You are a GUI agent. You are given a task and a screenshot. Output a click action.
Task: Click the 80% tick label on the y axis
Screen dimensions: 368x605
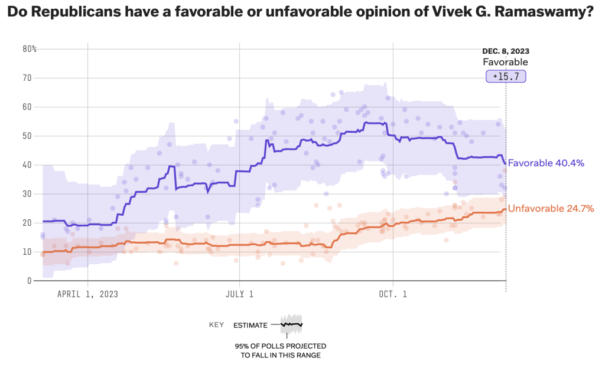pyautogui.click(x=30, y=49)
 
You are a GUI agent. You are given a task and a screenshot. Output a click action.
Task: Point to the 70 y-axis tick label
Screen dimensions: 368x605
pyautogui.click(x=27, y=78)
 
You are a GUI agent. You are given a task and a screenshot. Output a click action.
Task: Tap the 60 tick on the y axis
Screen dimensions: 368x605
pyautogui.click(x=27, y=107)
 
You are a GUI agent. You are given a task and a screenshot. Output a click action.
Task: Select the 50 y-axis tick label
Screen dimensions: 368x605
pyautogui.click(x=27, y=136)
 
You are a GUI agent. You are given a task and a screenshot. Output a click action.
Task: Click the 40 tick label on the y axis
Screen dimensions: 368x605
pyautogui.click(x=27, y=165)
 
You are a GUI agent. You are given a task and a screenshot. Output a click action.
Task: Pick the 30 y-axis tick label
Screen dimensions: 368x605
pyautogui.click(x=27, y=194)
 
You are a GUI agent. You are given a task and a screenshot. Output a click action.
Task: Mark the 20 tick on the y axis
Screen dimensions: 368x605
pyautogui.click(x=27, y=223)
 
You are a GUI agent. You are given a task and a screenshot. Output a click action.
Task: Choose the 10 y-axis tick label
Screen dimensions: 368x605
pyautogui.click(x=27, y=252)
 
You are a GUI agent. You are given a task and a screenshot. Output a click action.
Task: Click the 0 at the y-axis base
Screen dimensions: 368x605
pyautogui.click(x=29, y=281)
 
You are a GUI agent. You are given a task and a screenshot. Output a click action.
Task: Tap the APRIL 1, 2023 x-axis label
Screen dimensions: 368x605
pyautogui.click(x=87, y=294)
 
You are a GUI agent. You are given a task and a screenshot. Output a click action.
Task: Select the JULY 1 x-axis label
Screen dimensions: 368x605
pyautogui.click(x=239, y=294)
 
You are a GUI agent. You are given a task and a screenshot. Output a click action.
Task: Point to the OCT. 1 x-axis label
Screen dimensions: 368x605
pyautogui.click(x=393, y=294)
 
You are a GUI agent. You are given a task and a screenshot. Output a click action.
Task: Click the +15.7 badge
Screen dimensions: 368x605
pyautogui.click(x=505, y=77)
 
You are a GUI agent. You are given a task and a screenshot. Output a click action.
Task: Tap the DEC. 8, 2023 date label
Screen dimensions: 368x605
pyautogui.click(x=505, y=51)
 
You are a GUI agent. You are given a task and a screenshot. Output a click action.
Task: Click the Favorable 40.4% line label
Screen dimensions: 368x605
pyautogui.click(x=546, y=163)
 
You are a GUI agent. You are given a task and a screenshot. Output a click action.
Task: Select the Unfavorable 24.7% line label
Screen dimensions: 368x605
pyautogui.click(x=551, y=208)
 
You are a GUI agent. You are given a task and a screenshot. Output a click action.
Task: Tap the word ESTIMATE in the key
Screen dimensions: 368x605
pyautogui.click(x=250, y=325)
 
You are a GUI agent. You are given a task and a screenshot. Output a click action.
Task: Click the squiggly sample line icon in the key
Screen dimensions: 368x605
pyautogui.click(x=291, y=324)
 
